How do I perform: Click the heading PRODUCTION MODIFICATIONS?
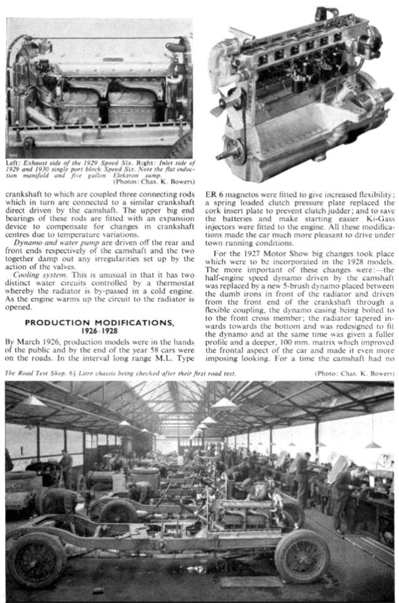[100, 322]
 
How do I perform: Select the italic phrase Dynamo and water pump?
[53, 241]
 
